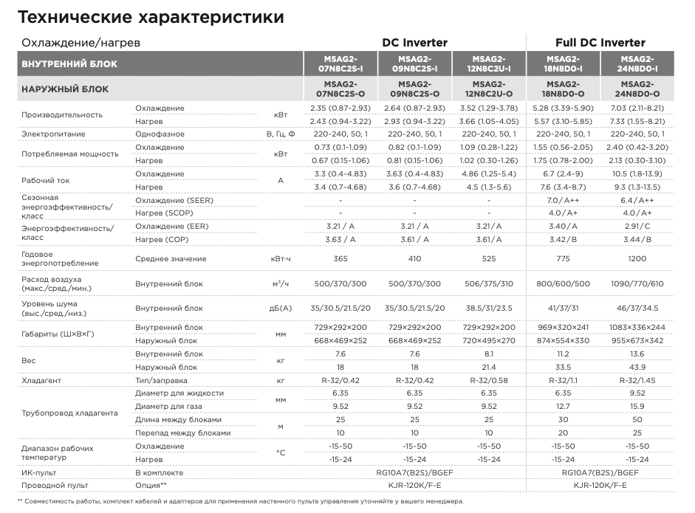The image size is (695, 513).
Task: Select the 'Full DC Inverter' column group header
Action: pyautogui.click(x=600, y=43)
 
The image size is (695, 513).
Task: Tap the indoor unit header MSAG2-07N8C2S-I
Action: pyautogui.click(x=340, y=63)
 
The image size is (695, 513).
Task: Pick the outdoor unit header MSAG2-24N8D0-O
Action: pyautogui.click(x=637, y=89)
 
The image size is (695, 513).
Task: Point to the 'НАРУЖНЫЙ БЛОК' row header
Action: pyautogui.click(x=65, y=89)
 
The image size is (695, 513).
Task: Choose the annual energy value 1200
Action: pyautogui.click(x=637, y=259)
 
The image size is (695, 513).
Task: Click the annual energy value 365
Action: pyautogui.click(x=340, y=259)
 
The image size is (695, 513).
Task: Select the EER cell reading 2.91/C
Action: pyautogui.click(x=637, y=226)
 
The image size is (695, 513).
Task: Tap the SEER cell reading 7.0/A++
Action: pyautogui.click(x=563, y=201)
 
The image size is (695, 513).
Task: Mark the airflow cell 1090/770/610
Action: pyautogui.click(x=637, y=284)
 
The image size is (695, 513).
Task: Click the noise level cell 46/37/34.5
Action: pyautogui.click(x=637, y=309)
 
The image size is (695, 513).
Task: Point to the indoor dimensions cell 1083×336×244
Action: pyautogui.click(x=637, y=327)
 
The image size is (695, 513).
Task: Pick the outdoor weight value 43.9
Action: pyautogui.click(x=637, y=367)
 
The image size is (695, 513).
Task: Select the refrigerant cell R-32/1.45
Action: pyautogui.click(x=637, y=380)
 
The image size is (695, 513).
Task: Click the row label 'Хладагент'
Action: pyautogui.click(x=41, y=380)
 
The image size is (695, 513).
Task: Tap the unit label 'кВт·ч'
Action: pyautogui.click(x=281, y=259)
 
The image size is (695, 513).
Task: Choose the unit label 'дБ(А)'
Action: pyautogui.click(x=281, y=309)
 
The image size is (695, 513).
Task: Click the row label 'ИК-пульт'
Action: pyautogui.click(x=39, y=472)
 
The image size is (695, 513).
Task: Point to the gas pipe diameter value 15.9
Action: pyautogui.click(x=637, y=406)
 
